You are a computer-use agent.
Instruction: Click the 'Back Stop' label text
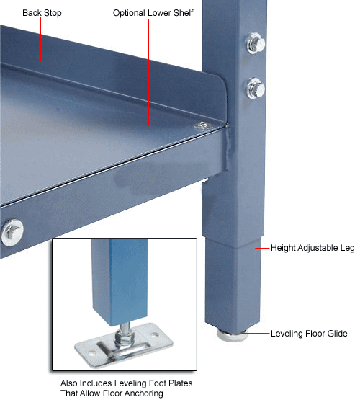[x=41, y=14]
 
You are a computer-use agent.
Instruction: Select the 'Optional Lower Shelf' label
[x=153, y=14]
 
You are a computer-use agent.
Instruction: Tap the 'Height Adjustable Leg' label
[x=312, y=249]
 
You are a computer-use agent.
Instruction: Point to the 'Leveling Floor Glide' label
[x=309, y=334]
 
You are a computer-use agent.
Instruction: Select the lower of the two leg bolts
[x=256, y=89]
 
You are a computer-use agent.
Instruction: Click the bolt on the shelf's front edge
[x=12, y=232]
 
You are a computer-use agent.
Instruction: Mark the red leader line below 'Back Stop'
[x=40, y=40]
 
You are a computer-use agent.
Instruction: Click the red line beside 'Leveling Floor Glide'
[x=256, y=334]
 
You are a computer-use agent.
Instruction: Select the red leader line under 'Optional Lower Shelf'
[x=151, y=72]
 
